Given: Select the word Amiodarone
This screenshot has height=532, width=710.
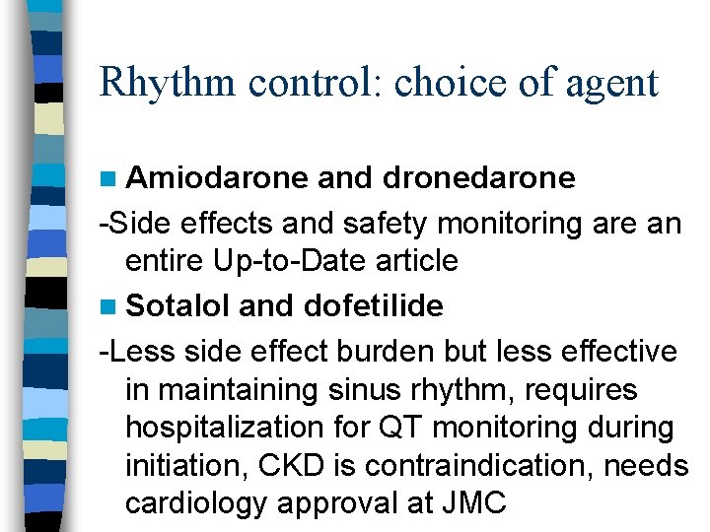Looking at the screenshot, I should click(216, 178).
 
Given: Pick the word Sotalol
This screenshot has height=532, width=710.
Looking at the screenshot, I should click(178, 306).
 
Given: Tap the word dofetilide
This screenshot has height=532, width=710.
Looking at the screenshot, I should click(374, 306).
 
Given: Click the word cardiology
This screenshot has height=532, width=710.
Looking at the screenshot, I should click(196, 504).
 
